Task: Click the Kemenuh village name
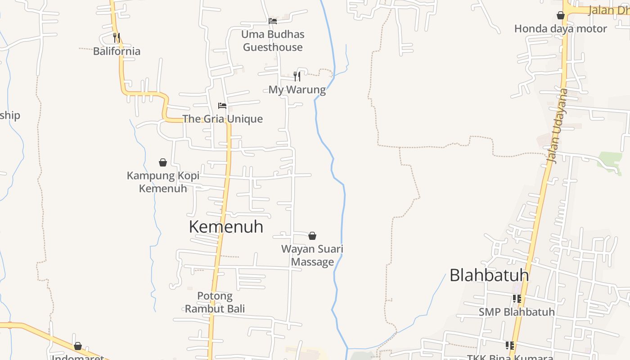click(226, 227)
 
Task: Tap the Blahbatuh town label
click(489, 275)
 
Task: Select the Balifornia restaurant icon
click(117, 37)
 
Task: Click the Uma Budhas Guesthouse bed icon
click(272, 21)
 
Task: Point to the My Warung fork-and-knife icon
click(297, 76)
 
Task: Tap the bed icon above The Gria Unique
click(222, 106)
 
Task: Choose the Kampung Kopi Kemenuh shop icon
click(163, 162)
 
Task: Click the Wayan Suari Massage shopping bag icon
click(312, 236)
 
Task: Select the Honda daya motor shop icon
click(561, 16)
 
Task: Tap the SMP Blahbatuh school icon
click(517, 299)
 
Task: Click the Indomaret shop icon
click(78, 346)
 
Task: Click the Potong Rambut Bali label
click(215, 302)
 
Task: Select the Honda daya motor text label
click(561, 29)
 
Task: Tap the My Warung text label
click(297, 90)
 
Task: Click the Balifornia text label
click(117, 51)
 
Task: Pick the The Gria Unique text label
click(222, 119)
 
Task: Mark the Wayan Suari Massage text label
click(312, 255)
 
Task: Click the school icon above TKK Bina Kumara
click(509, 346)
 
